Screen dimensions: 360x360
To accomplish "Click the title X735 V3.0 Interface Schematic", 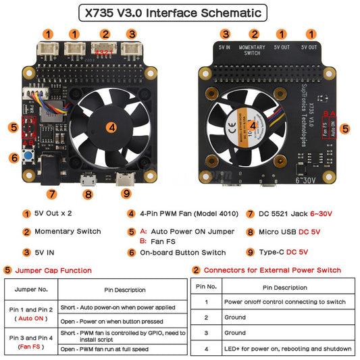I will pos(179,13).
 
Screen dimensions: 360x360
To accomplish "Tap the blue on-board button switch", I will pos(29,157).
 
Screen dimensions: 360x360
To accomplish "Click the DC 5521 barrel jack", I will pos(51,169).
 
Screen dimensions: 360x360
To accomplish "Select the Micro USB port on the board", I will pos(87,180).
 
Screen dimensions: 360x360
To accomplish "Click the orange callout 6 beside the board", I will pos(14,158).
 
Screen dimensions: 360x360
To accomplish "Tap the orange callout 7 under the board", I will pos(51,194).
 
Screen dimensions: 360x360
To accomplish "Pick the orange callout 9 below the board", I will pos(126,194).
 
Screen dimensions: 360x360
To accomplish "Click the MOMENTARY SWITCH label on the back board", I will pos(252,50).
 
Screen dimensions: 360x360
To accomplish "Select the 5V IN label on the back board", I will pos(224,48).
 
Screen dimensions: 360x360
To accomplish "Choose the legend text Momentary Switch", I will pos(68,232).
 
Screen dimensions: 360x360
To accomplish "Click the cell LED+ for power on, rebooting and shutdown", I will pos(288,349).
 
